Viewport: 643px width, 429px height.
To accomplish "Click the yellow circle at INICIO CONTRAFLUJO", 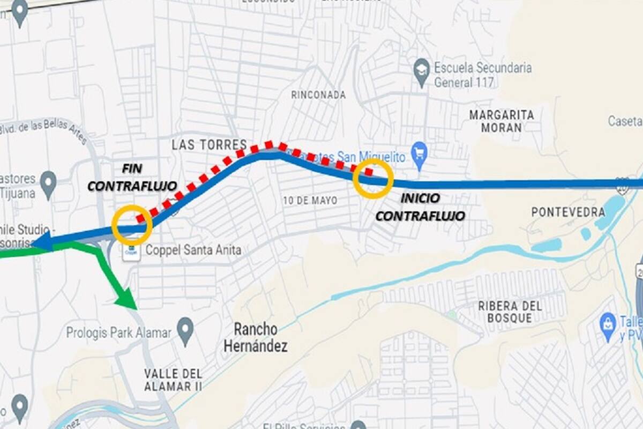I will pos(373,178).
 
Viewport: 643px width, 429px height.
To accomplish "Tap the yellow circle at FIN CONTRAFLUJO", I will pos(132,225).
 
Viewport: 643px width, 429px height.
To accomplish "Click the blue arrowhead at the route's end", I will pos(43,241).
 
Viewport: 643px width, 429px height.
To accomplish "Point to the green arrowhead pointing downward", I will pos(126,298).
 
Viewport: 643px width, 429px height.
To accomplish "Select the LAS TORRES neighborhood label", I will pos(209,144).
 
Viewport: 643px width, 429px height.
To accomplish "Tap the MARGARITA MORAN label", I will pos(502,121).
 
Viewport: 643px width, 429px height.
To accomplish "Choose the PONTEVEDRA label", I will pos(568,212).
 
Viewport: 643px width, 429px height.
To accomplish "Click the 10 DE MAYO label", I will pos(311,201).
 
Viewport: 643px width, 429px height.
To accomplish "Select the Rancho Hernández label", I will pos(256,337).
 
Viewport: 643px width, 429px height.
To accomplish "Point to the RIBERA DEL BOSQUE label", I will pos(510,312).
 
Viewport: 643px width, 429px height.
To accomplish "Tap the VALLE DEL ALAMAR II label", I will pos(173,379).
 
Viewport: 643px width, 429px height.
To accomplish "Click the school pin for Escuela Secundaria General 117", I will pos(422,71).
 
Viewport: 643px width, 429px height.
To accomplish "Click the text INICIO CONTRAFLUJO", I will pos(420,207).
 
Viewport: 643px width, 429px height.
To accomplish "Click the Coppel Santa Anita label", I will pos(193,250).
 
